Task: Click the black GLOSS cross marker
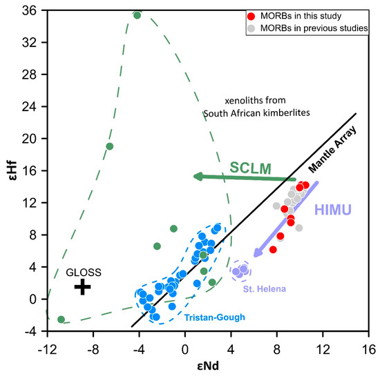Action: point(82,286)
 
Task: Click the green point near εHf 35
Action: point(137,15)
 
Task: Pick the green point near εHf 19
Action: point(110,146)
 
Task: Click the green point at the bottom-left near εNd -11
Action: point(61,319)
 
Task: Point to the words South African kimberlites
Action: point(247,113)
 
